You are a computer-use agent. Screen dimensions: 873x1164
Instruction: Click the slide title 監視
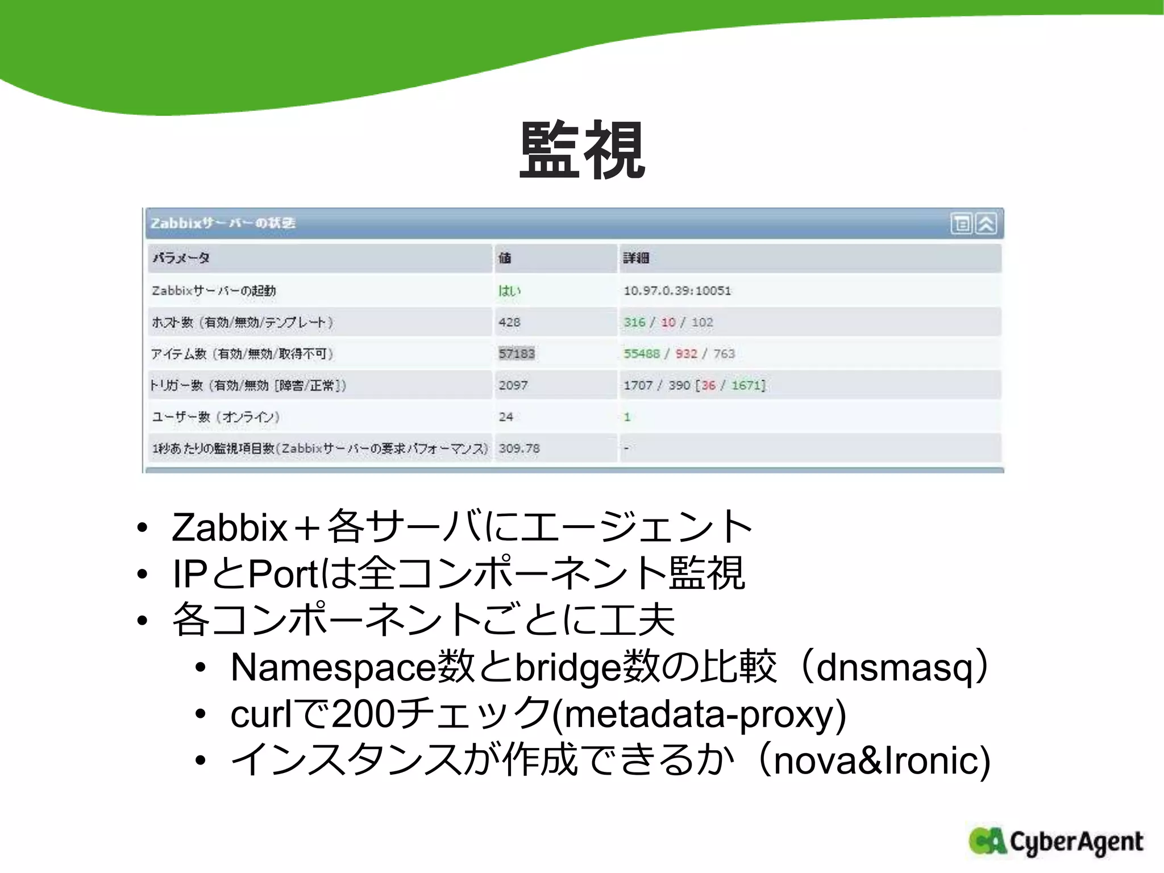pyautogui.click(x=582, y=150)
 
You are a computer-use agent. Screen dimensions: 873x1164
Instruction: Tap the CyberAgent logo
pyautogui.click(x=1056, y=842)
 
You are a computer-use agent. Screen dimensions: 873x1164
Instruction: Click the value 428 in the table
pyautogui.click(x=509, y=322)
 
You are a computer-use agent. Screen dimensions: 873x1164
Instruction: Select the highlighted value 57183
pyautogui.click(x=517, y=354)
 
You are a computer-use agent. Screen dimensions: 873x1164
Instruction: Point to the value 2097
pyautogui.click(x=513, y=385)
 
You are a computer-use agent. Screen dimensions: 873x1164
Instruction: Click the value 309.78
pyautogui.click(x=519, y=448)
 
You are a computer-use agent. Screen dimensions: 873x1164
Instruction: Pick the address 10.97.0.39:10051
pyautogui.click(x=677, y=291)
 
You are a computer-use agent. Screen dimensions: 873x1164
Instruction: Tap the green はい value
pyautogui.click(x=509, y=291)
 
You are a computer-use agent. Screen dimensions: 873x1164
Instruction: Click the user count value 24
pyautogui.click(x=506, y=417)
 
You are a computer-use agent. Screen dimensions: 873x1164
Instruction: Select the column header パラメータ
pyautogui.click(x=181, y=259)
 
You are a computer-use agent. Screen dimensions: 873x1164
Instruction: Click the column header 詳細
pyautogui.click(x=635, y=259)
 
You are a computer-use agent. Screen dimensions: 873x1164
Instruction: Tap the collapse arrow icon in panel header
pyautogui.click(x=986, y=224)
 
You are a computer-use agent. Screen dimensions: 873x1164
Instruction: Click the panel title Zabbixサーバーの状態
pyautogui.click(x=223, y=223)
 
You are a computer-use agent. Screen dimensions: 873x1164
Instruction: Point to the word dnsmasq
pyautogui.click(x=895, y=667)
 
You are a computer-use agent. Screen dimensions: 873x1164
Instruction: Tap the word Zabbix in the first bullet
pyautogui.click(x=230, y=527)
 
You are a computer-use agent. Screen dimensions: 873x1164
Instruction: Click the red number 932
pyautogui.click(x=686, y=354)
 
